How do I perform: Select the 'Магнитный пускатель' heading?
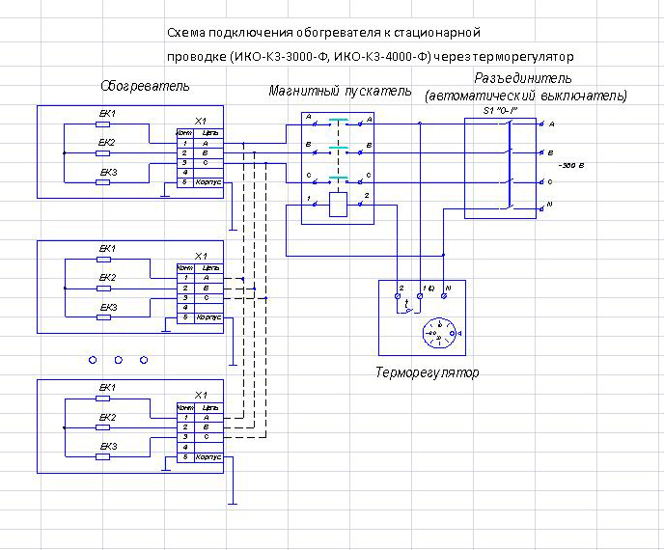click(x=340, y=92)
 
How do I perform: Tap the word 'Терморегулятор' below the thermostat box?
click(x=426, y=372)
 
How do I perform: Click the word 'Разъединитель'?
click(x=524, y=77)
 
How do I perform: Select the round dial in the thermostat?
click(x=440, y=334)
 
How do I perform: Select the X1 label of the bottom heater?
click(x=201, y=396)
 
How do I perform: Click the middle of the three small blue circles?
click(x=118, y=359)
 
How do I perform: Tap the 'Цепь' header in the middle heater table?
click(x=212, y=267)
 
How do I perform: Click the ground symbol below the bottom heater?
click(x=233, y=502)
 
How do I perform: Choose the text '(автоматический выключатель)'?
click(x=526, y=96)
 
